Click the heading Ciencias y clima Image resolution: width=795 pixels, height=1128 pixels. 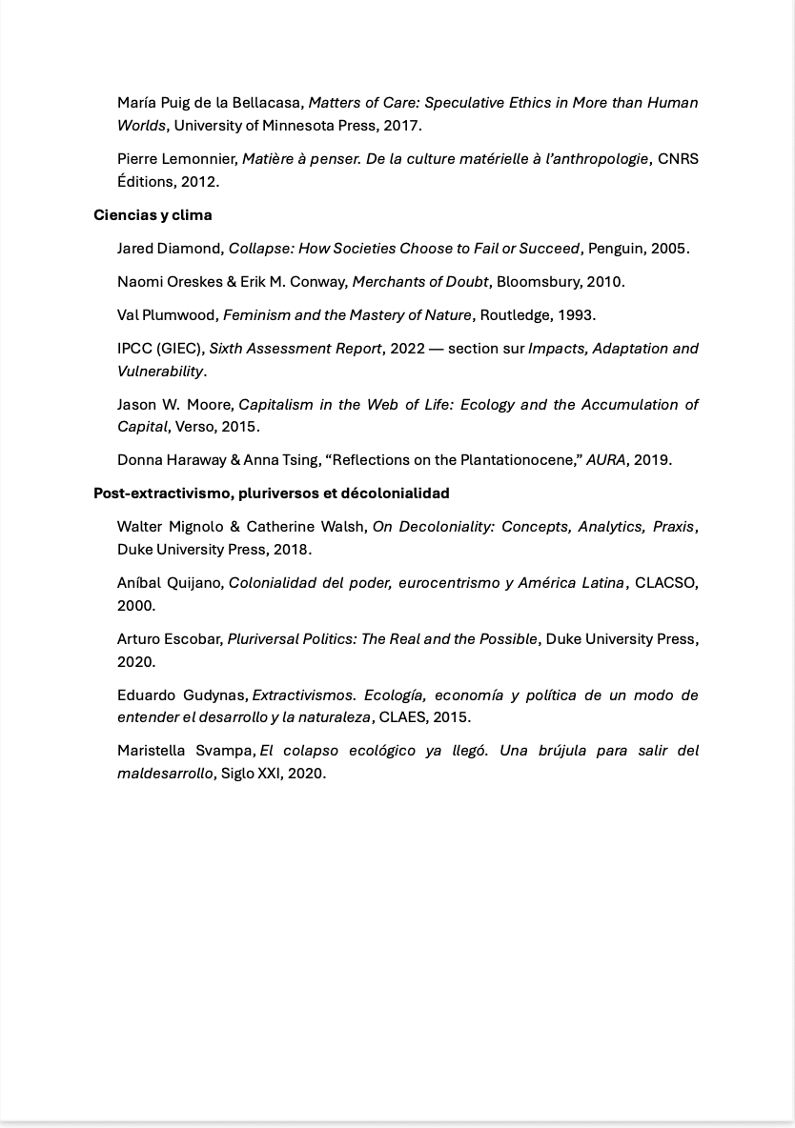pos(153,215)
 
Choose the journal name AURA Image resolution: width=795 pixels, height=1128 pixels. pos(606,460)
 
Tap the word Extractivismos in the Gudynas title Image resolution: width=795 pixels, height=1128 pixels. pos(302,695)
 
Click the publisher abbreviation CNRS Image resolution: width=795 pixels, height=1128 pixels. pos(678,159)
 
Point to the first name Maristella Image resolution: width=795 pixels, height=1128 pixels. pos(152,751)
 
